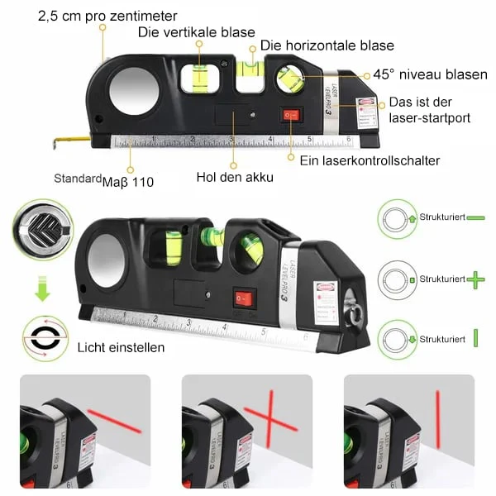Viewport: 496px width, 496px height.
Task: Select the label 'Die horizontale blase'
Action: (x=327, y=46)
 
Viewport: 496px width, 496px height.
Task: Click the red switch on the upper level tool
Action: (x=290, y=116)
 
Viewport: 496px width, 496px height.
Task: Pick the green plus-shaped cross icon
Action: (x=476, y=280)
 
